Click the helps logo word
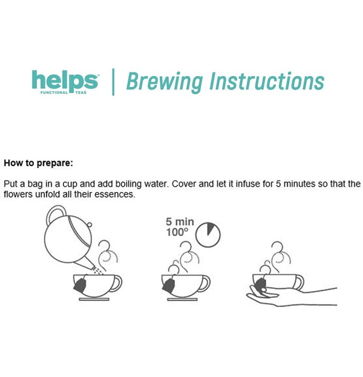65,80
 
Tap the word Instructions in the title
267,81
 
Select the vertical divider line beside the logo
113,82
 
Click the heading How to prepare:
38,163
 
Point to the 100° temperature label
177,232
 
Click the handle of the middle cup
205,283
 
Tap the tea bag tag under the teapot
80,286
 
